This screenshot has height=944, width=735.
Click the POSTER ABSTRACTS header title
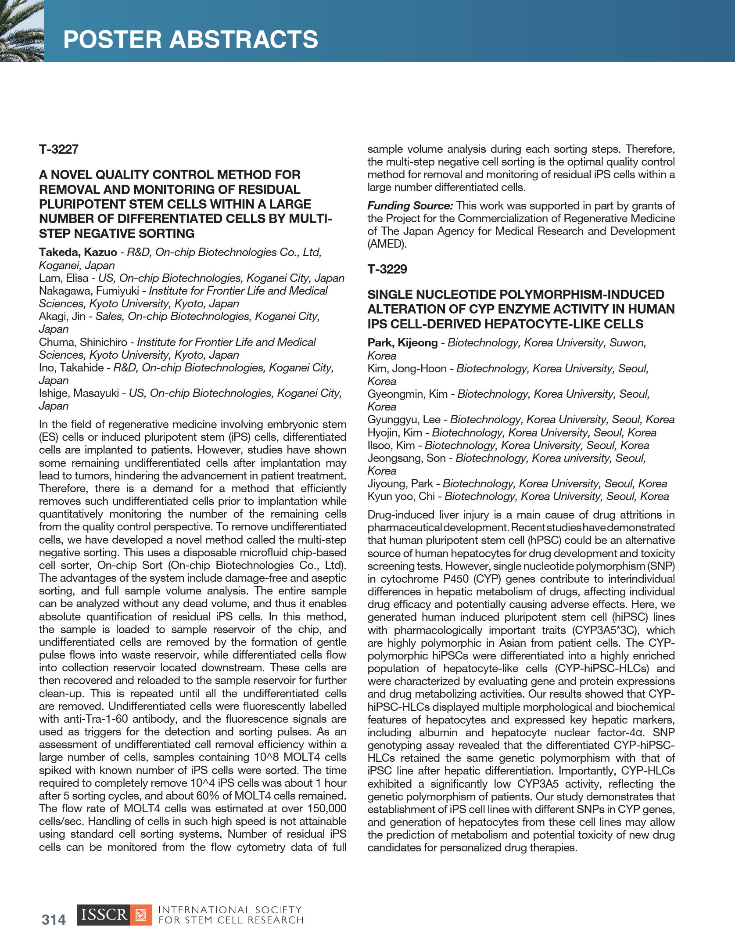(x=190, y=40)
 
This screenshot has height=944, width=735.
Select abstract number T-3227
(x=58, y=149)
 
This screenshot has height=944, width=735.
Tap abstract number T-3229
(x=387, y=269)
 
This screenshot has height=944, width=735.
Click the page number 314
(x=54, y=919)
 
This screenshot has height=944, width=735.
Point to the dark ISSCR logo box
(x=103, y=915)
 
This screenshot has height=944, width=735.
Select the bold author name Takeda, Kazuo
(x=78, y=252)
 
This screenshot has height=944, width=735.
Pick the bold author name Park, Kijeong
(x=402, y=342)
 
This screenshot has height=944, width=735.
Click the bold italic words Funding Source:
(x=410, y=205)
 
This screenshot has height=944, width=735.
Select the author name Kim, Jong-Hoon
(x=407, y=368)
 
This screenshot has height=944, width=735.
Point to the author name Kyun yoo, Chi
(x=401, y=496)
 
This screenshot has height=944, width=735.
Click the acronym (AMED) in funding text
(x=387, y=244)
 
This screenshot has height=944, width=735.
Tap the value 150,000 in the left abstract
(x=326, y=808)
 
